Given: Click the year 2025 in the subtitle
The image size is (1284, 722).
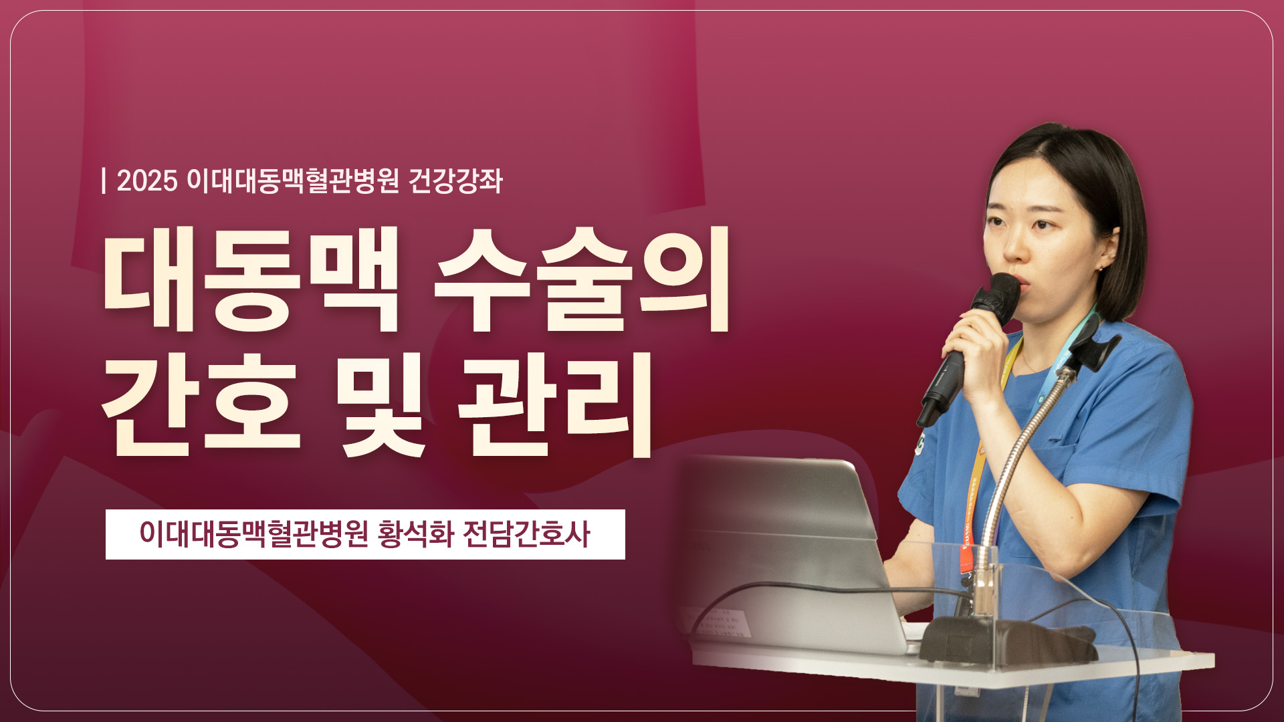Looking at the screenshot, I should click(x=147, y=181).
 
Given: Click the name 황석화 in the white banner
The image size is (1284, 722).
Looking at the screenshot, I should click(x=415, y=534).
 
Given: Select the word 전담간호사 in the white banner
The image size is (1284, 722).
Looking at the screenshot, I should click(x=526, y=534).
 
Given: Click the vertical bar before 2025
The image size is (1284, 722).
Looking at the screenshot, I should click(x=104, y=181).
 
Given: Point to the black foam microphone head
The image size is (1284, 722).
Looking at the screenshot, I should click(x=1002, y=294).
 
